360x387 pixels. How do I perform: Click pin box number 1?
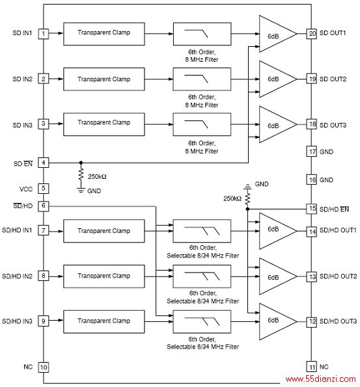44,34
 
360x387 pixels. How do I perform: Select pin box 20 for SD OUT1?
312,33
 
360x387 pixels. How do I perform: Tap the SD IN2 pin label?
23,79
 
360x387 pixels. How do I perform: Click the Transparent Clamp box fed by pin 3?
104,124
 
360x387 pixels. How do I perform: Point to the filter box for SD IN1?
202,34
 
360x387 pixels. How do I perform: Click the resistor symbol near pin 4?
81,175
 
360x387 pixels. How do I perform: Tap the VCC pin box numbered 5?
44,189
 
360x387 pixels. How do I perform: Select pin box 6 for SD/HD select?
44,206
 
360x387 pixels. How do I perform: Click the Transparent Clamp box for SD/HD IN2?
104,276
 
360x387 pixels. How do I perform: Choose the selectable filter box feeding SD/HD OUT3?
202,321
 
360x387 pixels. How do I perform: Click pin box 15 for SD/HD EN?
312,209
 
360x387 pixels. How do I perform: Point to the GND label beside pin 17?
326,152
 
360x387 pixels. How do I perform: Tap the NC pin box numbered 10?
44,367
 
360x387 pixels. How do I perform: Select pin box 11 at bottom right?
312,367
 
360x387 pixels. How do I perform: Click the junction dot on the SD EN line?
81,163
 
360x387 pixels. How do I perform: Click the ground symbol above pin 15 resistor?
247,187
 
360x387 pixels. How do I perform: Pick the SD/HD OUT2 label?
339,276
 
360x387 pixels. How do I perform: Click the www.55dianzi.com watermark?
320,379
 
